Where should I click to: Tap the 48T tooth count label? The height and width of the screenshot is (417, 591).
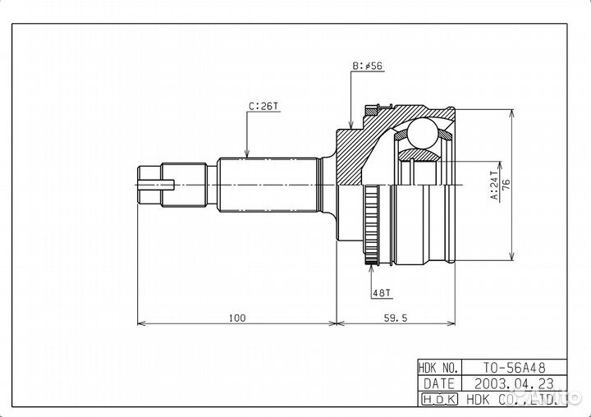380,292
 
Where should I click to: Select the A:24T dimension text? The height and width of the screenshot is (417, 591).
494,186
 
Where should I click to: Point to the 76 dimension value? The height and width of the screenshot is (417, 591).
506,186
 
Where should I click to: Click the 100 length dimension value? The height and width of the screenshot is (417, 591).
236,317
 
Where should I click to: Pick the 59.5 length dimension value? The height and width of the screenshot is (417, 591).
395,317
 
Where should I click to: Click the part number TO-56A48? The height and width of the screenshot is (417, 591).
514,369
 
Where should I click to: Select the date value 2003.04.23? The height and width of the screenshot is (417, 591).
514,383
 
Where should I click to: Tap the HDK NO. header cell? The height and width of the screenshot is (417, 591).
438,369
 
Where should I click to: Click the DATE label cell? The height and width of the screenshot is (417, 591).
438,383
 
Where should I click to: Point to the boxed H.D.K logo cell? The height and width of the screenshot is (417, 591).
438,399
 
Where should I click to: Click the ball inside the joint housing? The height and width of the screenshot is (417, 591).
424,131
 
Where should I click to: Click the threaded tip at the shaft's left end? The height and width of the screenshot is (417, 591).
149,185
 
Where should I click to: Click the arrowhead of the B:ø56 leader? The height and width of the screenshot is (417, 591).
351,127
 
